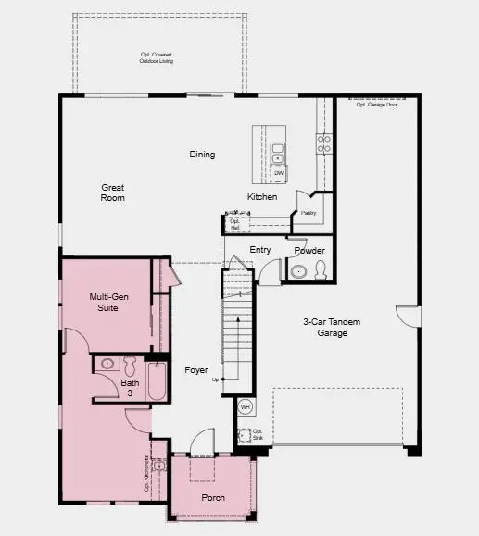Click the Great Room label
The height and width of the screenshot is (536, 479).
click(x=113, y=193)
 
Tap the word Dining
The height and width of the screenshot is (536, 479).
click(x=202, y=155)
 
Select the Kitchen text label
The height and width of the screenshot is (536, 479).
click(x=261, y=197)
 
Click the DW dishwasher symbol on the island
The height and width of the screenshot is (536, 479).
click(x=278, y=173)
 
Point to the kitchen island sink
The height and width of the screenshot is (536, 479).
click(x=278, y=147)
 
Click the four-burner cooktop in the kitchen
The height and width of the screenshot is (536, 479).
click(x=324, y=143)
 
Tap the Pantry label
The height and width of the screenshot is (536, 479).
click(x=309, y=213)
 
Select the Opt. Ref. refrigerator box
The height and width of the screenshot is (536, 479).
click(x=235, y=224)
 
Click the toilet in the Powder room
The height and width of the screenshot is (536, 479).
click(x=321, y=270)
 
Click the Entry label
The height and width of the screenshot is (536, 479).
click(x=260, y=250)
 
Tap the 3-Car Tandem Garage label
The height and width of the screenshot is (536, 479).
click(x=332, y=328)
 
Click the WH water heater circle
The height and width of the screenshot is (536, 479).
click(x=246, y=406)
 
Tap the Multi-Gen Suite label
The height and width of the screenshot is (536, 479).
click(x=108, y=303)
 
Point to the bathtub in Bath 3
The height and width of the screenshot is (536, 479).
click(x=156, y=381)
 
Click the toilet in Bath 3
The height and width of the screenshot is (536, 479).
click(x=129, y=364)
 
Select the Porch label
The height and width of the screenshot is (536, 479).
click(x=212, y=496)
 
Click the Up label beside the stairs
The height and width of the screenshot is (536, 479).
click(x=216, y=380)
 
